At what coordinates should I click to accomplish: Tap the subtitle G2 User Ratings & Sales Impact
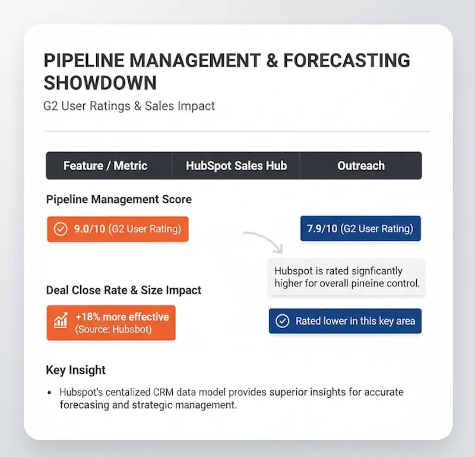pos(129,106)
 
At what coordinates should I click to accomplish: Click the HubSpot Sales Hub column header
pos(236,166)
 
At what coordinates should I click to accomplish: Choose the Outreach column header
pos(360,166)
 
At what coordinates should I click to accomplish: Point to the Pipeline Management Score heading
pos(119,200)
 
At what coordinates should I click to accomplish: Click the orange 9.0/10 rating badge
pos(118,229)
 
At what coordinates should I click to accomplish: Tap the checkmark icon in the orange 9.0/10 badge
pos(61,229)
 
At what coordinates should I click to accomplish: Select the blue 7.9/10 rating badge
pos(361,228)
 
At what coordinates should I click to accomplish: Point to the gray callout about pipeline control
pos(346,277)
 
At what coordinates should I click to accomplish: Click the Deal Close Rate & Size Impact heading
pos(123,291)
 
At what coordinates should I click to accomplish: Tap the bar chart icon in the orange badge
pos(61,322)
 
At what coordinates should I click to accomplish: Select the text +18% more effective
pos(122,316)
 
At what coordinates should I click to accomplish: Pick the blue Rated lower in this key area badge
pos(345,321)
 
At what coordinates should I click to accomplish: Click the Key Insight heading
pos(75,370)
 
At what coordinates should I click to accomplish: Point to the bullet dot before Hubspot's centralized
pos(49,393)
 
